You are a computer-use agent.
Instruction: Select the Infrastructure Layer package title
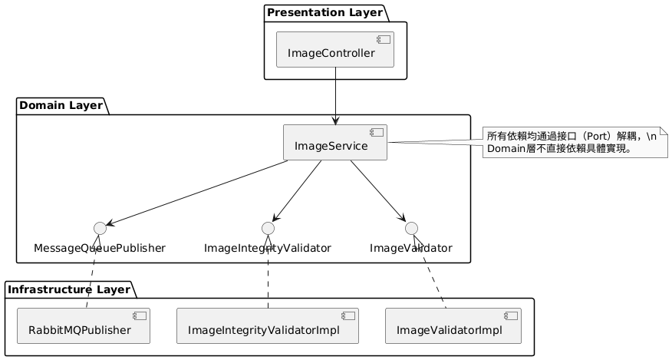[70, 289]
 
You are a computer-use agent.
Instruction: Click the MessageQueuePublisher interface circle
[99, 227]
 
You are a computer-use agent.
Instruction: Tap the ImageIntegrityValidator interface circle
[268, 227]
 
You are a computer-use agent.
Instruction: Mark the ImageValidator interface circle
[411, 227]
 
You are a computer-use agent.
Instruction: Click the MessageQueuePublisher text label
[100, 248]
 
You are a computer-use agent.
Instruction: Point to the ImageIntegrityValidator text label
[268, 248]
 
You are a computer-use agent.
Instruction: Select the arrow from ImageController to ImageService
[334, 96]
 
